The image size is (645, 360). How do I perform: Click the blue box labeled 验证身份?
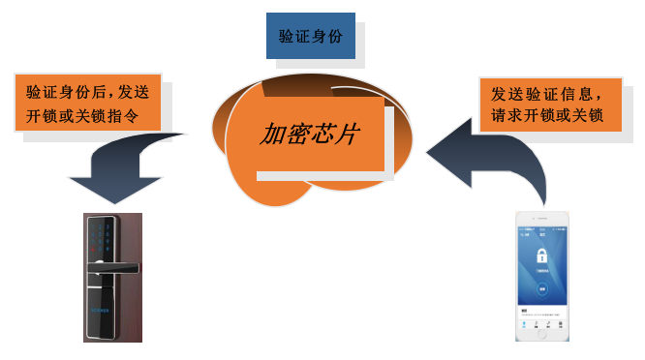310,36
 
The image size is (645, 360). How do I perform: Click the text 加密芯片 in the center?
308,134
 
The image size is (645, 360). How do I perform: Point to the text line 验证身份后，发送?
88,93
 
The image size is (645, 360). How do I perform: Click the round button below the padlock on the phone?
541,288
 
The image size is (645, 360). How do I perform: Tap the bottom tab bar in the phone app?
541,325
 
